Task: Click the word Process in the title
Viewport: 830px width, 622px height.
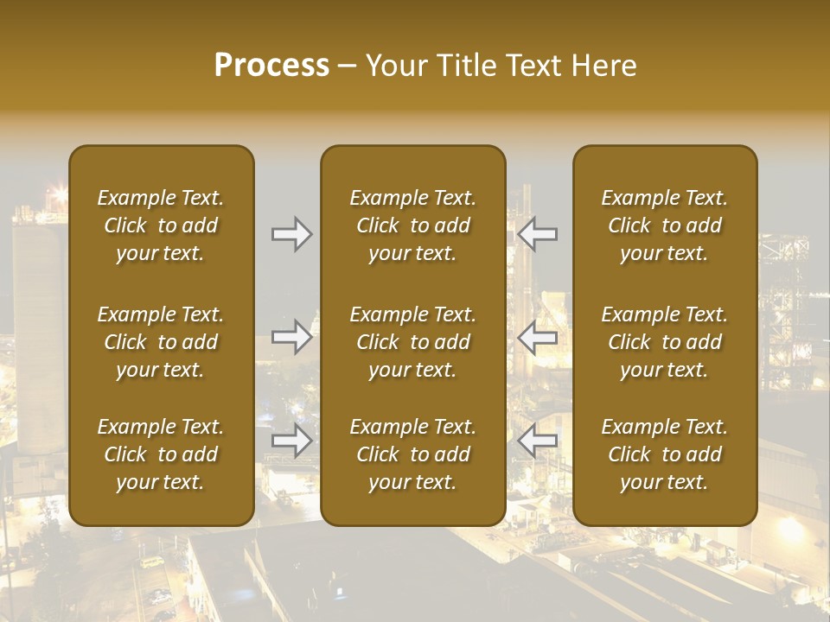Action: [271, 66]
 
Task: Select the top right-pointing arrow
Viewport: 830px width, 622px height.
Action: [292, 234]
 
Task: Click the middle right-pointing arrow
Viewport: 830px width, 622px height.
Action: [292, 337]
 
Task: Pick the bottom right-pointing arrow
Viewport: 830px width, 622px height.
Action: [292, 441]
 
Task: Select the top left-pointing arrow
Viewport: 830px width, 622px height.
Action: [538, 234]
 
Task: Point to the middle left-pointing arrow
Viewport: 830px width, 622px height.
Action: [538, 337]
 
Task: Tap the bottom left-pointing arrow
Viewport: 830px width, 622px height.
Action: [538, 441]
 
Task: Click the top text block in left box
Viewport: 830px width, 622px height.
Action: [161, 225]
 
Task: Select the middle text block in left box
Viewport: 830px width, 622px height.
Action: [161, 342]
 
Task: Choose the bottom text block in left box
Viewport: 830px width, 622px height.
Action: [161, 454]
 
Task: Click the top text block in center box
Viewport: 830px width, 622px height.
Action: [412, 225]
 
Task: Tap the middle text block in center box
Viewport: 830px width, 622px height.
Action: [412, 342]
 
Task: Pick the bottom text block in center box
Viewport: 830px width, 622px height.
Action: [412, 454]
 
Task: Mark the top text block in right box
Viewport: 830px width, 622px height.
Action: [665, 225]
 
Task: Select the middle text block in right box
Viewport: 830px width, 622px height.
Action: [665, 342]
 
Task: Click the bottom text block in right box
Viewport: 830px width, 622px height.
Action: [665, 454]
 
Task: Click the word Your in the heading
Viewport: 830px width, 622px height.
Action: [394, 66]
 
